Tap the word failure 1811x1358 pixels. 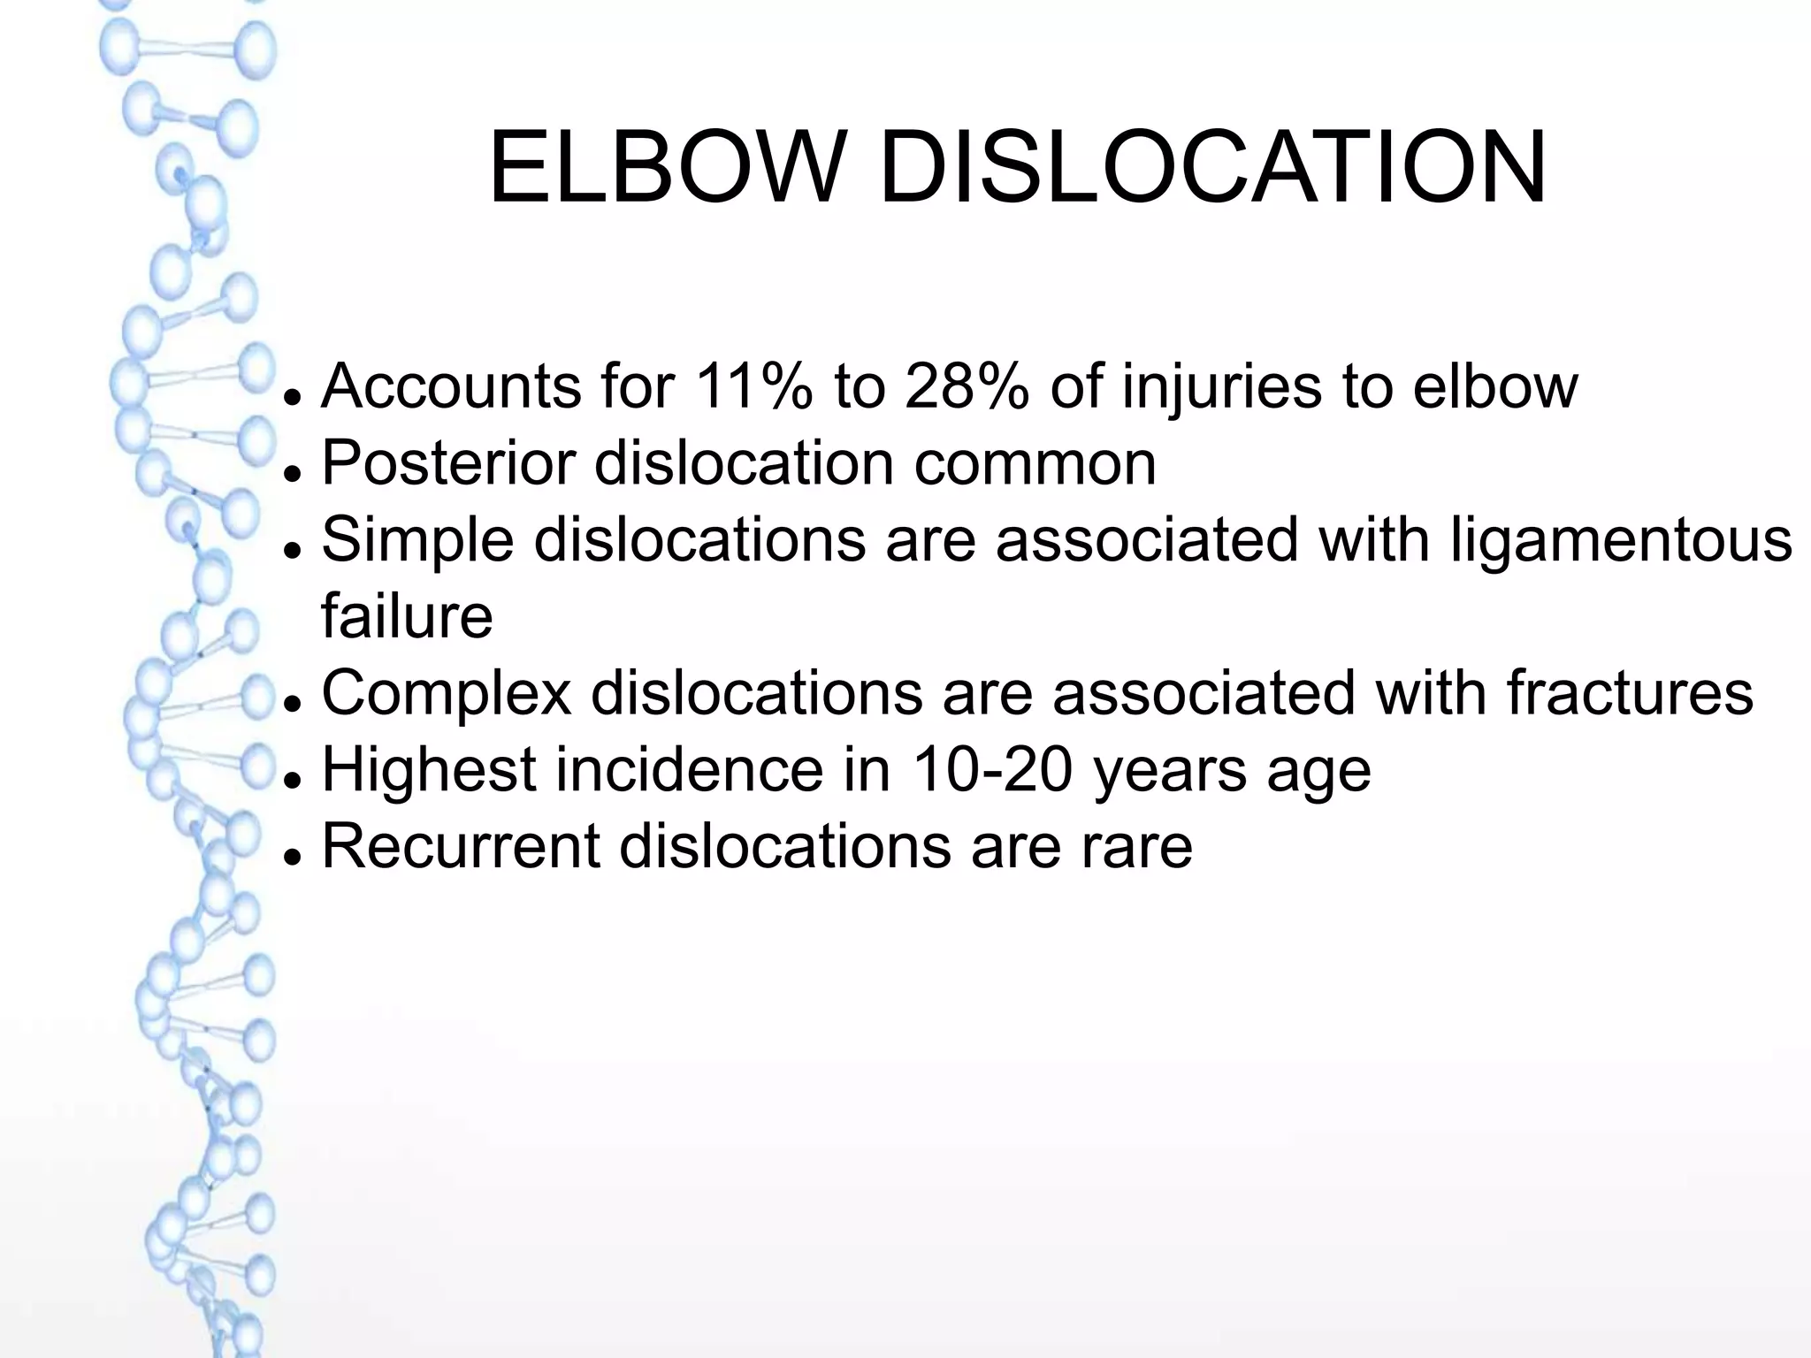pyautogui.click(x=407, y=616)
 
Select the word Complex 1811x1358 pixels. pyautogui.click(x=447, y=694)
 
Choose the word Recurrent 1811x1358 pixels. pyautogui.click(x=461, y=846)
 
